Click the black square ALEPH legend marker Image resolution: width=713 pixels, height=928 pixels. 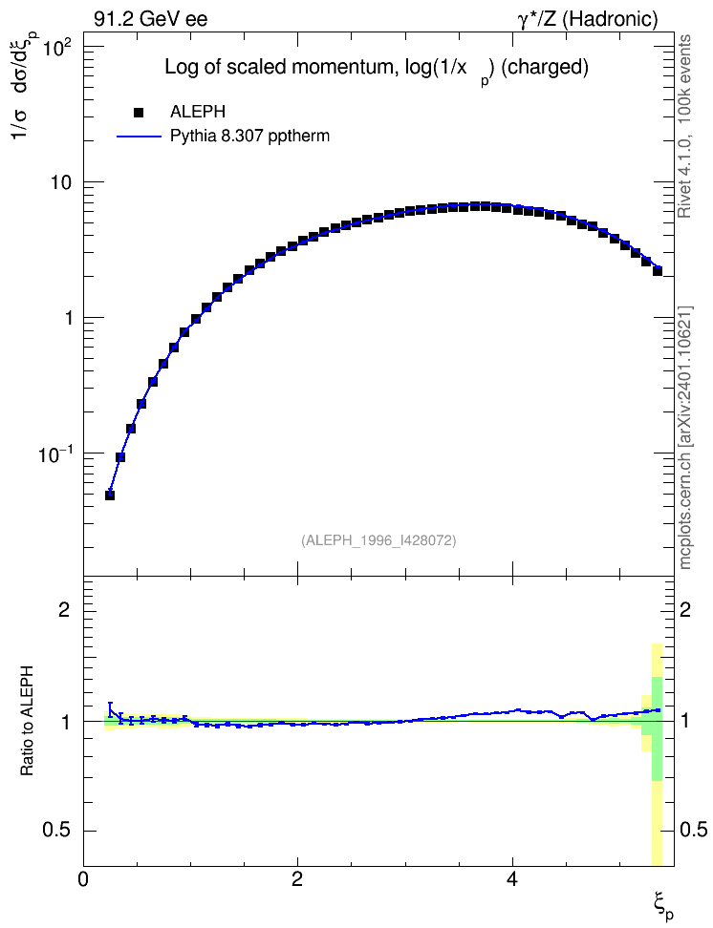[x=139, y=112]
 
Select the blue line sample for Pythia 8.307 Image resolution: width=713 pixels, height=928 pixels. [x=139, y=137]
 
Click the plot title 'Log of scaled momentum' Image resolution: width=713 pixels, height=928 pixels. [x=278, y=67]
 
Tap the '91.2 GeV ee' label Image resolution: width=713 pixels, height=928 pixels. [x=151, y=19]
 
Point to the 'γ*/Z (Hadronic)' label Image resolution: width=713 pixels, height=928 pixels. [x=588, y=19]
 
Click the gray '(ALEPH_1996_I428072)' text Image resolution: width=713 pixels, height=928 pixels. [x=378, y=540]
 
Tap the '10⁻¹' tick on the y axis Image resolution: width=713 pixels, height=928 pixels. [x=54, y=454]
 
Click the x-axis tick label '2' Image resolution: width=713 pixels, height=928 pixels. [x=297, y=878]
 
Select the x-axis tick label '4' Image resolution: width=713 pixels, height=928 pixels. [x=512, y=878]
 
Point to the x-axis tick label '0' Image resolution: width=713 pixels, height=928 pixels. [x=83, y=878]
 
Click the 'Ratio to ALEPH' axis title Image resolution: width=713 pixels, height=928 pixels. [x=27, y=722]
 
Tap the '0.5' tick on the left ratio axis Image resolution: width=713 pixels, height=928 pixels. [x=57, y=831]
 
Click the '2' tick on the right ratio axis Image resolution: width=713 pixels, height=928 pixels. [x=685, y=609]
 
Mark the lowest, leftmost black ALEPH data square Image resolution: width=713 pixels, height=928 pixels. [x=110, y=496]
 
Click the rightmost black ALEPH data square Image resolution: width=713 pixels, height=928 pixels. [x=658, y=271]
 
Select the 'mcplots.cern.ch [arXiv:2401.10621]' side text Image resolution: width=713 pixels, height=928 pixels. [x=685, y=437]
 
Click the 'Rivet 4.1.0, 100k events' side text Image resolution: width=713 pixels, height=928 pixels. [x=685, y=127]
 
